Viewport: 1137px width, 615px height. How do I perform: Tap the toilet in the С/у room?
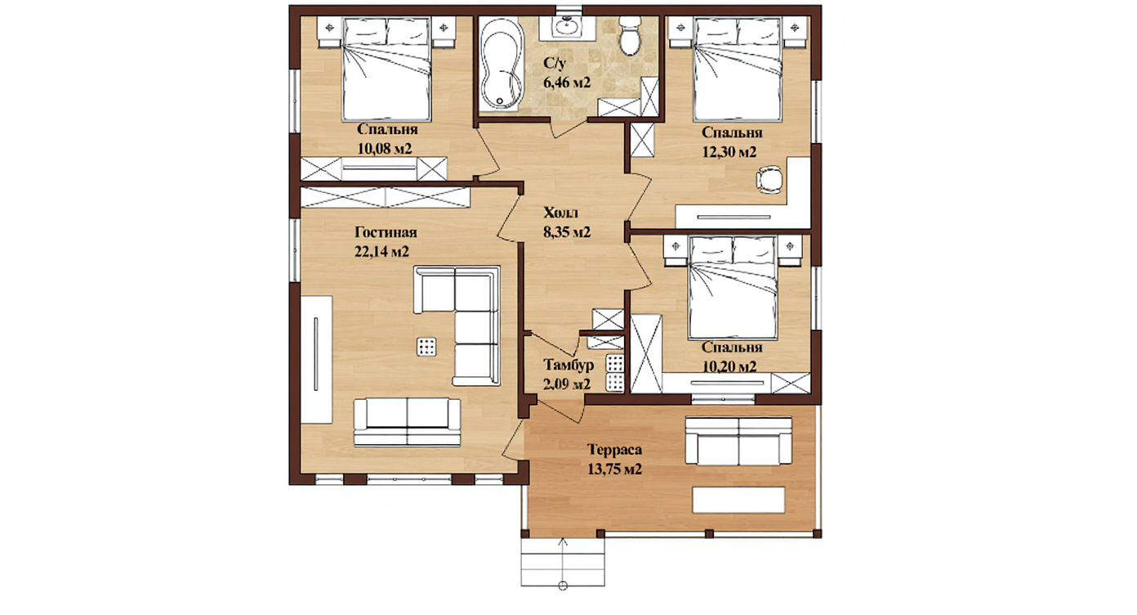tap(631, 36)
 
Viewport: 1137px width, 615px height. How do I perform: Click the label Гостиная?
tap(386, 232)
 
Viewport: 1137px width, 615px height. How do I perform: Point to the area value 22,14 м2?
tap(381, 252)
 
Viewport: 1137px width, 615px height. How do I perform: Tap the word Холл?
tap(560, 212)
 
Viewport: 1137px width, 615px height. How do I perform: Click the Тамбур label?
tap(568, 365)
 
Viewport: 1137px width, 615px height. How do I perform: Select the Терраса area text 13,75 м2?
tap(615, 469)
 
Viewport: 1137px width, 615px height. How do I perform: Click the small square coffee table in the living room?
tap(426, 347)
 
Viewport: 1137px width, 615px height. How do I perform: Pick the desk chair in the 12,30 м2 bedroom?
tap(769, 180)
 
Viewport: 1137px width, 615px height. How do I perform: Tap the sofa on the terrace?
tap(738, 440)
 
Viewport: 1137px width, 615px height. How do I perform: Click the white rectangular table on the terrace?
tap(738, 501)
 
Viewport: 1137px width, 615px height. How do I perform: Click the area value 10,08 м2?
tap(385, 149)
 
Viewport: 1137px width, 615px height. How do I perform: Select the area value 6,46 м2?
tap(567, 83)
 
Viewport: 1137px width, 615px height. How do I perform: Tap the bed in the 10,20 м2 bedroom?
tap(733, 288)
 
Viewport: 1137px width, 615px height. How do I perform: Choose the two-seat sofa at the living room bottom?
tap(407, 422)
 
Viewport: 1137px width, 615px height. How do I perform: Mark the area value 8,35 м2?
tap(567, 232)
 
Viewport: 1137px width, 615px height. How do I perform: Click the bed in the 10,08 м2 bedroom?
tap(387, 70)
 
